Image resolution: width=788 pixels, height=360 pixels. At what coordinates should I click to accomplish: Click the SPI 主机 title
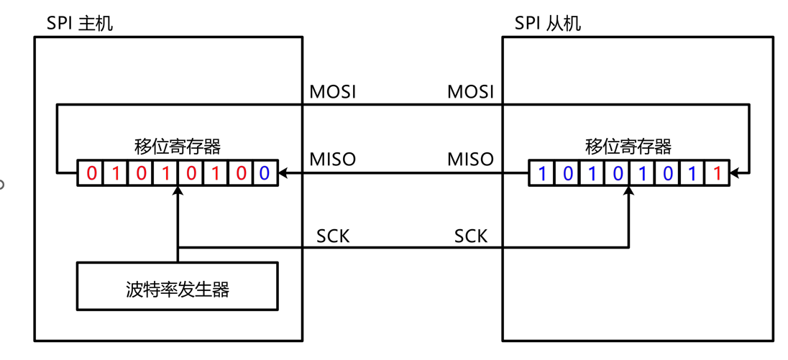tap(80, 23)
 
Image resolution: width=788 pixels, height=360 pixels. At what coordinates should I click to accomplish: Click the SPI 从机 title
tap(548, 23)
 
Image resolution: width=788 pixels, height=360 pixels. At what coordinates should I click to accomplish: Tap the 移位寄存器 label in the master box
tap(178, 147)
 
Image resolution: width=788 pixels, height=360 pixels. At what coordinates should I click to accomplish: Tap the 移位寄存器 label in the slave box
tap(628, 147)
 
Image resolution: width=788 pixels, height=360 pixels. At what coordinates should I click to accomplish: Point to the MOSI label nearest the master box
tap(332, 92)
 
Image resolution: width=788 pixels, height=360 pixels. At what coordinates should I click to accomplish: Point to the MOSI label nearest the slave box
tap(471, 92)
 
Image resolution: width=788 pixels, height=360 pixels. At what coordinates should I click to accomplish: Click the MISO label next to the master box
tap(332, 159)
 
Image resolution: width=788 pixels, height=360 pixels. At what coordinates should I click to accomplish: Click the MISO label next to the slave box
tap(471, 159)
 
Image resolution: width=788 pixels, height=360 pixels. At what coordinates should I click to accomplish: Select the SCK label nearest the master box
tap(333, 236)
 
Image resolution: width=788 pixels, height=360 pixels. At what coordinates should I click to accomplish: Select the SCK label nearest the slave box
tap(471, 236)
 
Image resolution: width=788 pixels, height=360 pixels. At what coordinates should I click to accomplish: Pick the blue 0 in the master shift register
tap(264, 173)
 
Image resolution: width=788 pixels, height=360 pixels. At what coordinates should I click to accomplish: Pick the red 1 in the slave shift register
tap(717, 173)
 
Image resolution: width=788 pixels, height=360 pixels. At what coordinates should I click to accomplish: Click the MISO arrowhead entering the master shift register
tap(283, 173)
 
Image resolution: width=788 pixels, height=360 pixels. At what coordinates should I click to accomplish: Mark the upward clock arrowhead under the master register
tap(177, 191)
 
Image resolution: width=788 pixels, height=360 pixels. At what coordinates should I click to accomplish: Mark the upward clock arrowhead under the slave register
tap(629, 191)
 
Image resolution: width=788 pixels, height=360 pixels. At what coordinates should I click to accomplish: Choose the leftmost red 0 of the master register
tap(91, 173)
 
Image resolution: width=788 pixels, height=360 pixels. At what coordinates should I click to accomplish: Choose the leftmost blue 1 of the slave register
tap(542, 173)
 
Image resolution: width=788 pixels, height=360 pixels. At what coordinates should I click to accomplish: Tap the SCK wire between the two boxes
tap(403, 248)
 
